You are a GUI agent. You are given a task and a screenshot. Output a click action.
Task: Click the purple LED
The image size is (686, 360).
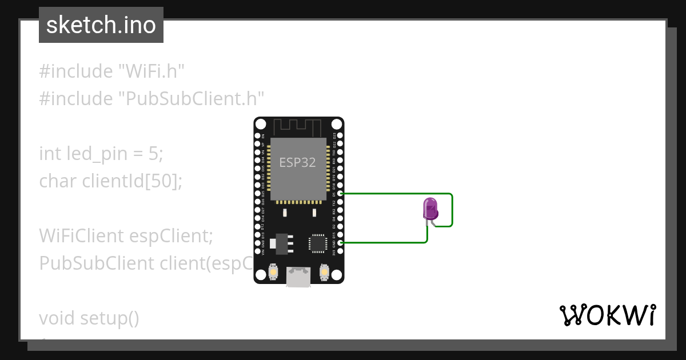tap(430, 209)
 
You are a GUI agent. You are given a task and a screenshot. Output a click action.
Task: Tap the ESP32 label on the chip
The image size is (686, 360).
tap(297, 162)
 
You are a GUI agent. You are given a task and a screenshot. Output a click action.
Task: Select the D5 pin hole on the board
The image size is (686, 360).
tap(340, 194)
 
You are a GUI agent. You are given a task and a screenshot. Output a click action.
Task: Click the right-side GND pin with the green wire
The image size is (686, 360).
tap(340, 243)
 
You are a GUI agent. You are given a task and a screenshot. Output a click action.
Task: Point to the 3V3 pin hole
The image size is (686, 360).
tap(340, 251)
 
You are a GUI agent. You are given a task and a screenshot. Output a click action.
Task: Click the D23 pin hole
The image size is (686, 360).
tap(340, 135)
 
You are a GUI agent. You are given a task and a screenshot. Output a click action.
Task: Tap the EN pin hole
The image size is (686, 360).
tap(258, 136)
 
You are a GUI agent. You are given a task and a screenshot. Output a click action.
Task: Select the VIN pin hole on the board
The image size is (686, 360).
tap(258, 251)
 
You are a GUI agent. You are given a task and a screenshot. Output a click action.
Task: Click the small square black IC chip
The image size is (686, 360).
tap(317, 243)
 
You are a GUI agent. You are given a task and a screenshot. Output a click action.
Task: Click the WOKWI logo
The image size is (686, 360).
tap(608, 315)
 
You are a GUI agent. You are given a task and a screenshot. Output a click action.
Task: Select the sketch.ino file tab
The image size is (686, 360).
tap(101, 25)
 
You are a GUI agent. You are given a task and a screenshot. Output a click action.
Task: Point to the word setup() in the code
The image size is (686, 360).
tap(109, 317)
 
